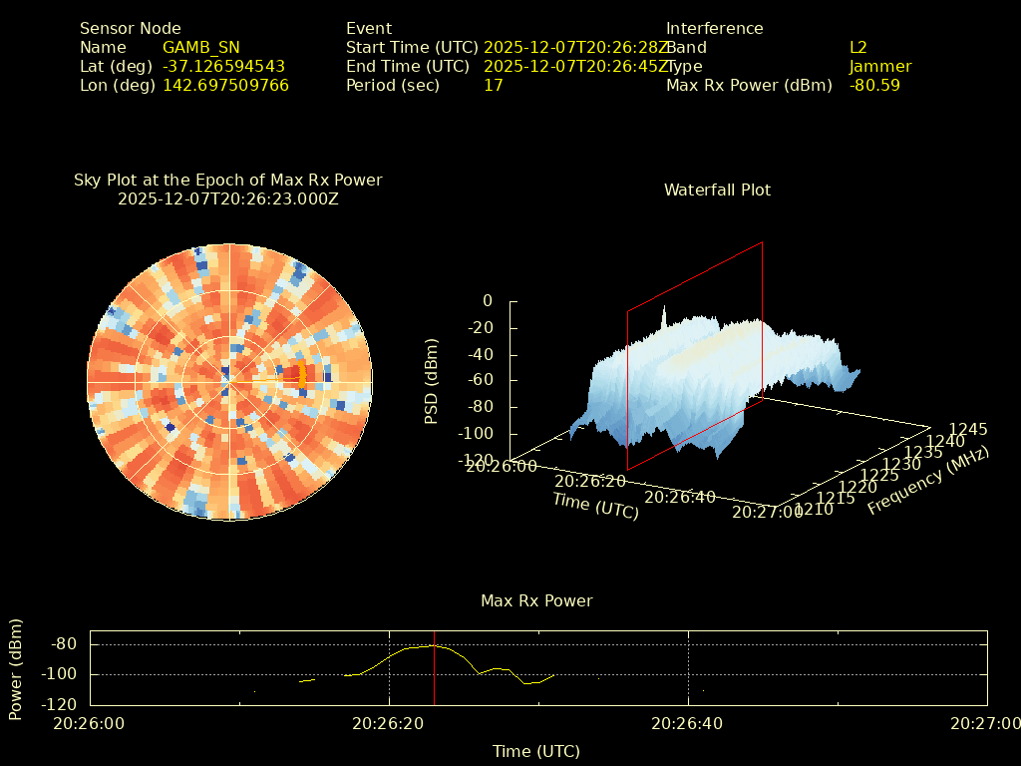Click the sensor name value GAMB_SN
(200, 47)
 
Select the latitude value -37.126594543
(223, 66)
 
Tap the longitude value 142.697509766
(225, 85)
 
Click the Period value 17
(493, 85)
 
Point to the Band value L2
(857, 47)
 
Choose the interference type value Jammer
(879, 66)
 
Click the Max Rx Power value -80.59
(874, 85)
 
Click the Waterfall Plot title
(717, 190)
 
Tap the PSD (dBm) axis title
(432, 381)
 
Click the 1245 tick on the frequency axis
(968, 429)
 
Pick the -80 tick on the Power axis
(64, 644)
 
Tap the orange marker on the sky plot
(302, 376)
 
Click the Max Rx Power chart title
(536, 600)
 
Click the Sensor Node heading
(130, 28)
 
